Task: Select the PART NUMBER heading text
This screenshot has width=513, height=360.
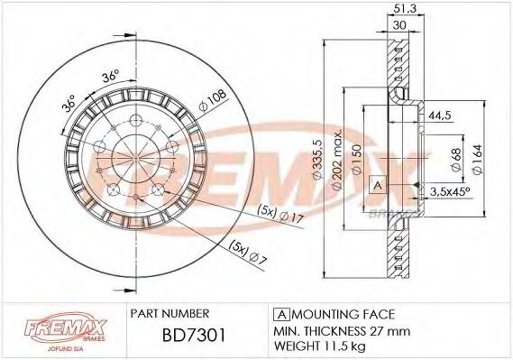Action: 170,313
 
